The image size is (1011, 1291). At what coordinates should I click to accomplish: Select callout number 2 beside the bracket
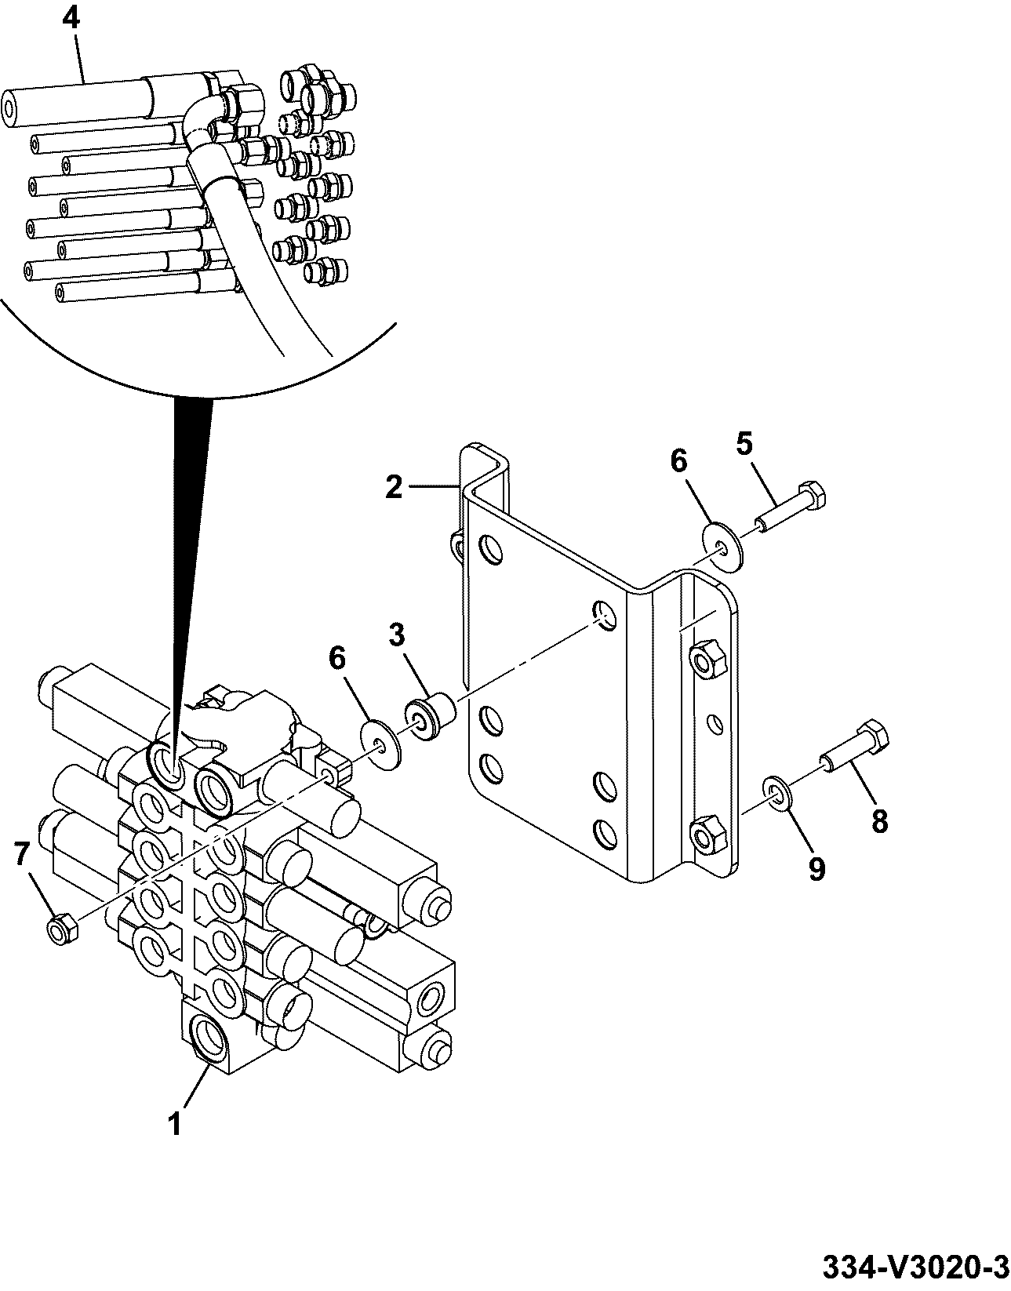coord(393,487)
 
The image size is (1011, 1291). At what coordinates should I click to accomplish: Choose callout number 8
coord(878,822)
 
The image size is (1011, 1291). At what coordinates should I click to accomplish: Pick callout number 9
coord(816,870)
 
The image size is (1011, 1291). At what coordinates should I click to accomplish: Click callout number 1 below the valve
coord(175,1125)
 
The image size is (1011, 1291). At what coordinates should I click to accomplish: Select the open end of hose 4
coord(11,109)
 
